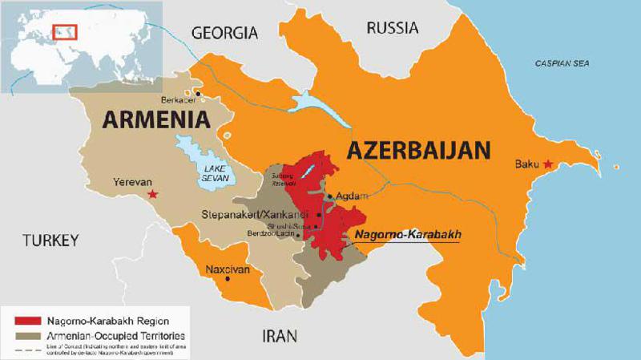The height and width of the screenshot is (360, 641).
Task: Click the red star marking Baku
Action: [x=548, y=164]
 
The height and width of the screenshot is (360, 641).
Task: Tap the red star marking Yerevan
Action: [x=153, y=194]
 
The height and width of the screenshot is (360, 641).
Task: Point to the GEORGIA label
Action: [x=224, y=33]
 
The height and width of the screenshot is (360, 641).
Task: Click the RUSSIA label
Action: [x=392, y=28]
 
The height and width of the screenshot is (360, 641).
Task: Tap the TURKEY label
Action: [x=50, y=240]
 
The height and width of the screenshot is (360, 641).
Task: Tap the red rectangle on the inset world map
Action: [x=62, y=32]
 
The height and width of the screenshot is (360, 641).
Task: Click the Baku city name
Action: [x=526, y=165]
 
